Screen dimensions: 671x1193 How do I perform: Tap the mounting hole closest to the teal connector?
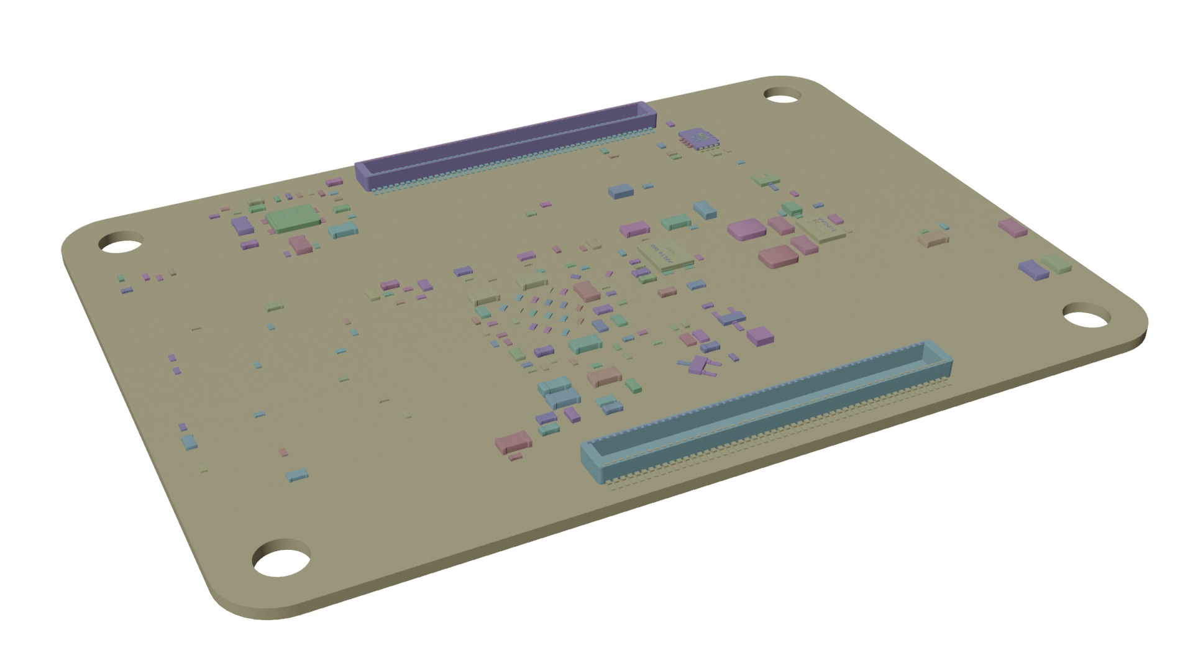click(x=1086, y=316)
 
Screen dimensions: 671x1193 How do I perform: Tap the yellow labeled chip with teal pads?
click(x=665, y=255)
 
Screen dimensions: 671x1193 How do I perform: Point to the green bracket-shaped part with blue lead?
click(x=764, y=181)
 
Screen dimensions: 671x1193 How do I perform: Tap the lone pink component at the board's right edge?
click(x=1012, y=228)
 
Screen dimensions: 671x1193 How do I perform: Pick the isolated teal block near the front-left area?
click(x=296, y=475)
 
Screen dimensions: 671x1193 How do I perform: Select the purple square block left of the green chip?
click(x=239, y=224)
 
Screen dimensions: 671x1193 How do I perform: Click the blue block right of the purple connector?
click(x=620, y=191)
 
